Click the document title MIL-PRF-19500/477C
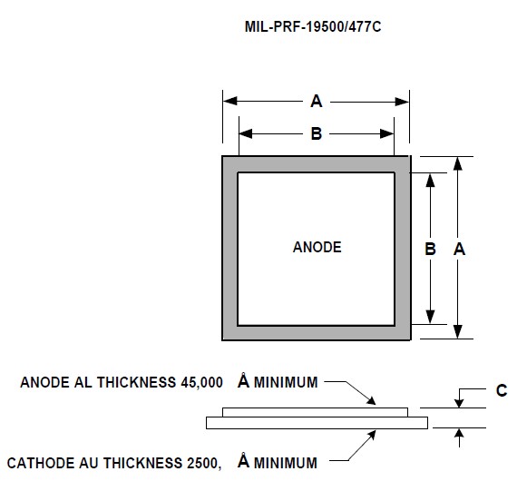313,27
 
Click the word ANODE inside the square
317,247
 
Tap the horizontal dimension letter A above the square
317,102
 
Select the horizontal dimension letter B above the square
317,133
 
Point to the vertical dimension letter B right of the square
430,250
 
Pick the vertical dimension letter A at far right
460,250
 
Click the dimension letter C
502,390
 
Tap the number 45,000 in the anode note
201,383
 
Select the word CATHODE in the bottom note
41,463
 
